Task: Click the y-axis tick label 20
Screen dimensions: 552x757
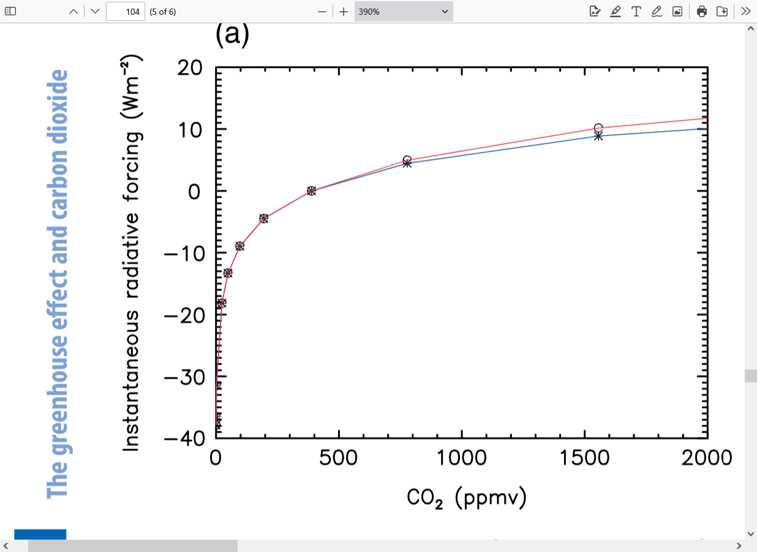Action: point(189,67)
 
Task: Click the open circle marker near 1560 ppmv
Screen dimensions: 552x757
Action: point(598,128)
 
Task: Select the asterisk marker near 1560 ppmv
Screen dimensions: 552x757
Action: point(598,136)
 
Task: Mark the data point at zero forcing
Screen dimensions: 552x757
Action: point(311,191)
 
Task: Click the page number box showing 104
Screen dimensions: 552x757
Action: point(125,12)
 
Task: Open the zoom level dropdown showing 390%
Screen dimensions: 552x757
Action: point(404,12)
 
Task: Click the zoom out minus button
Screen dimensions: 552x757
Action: point(322,12)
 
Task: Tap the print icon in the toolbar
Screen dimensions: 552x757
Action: point(702,11)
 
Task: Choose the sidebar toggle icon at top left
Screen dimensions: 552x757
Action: point(10,11)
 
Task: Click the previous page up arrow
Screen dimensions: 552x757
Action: point(73,12)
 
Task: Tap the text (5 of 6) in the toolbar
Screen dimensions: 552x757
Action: point(163,12)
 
